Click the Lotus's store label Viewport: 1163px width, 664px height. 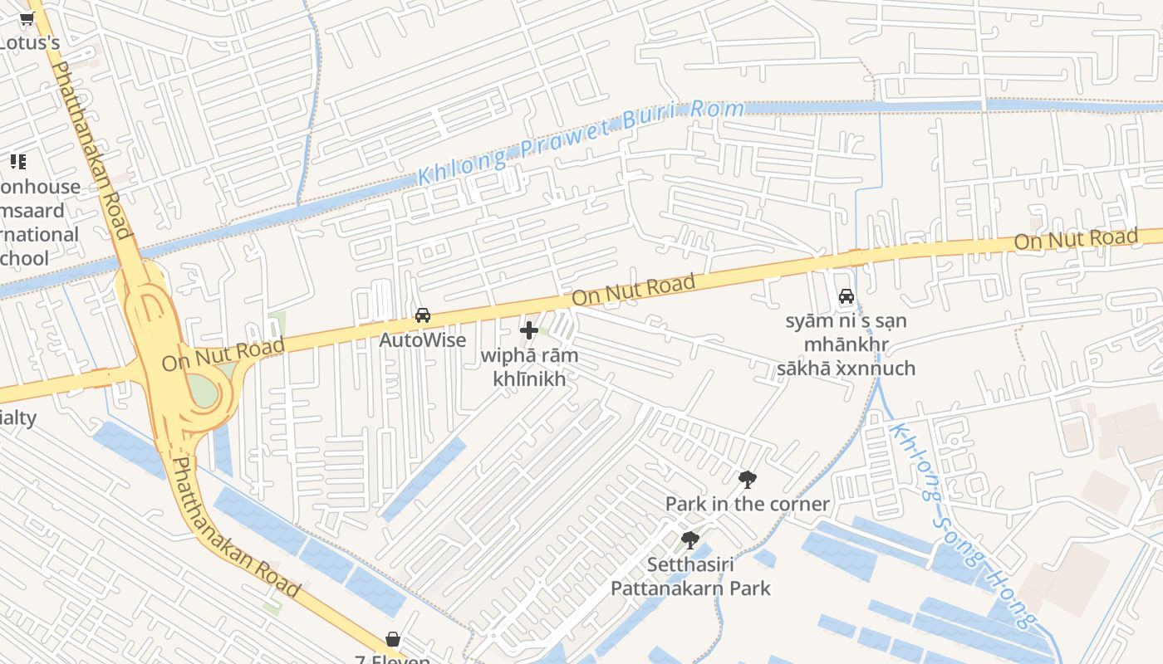coord(30,42)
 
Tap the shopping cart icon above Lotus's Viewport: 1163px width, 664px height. coord(27,19)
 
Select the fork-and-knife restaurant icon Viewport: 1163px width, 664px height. coord(17,162)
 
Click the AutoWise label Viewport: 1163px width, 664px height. coord(422,340)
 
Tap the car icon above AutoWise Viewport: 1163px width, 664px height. coord(423,315)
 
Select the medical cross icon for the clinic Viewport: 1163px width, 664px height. coord(529,330)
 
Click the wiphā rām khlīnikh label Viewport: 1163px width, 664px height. coord(529,367)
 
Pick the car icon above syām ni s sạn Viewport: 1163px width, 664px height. coord(846,296)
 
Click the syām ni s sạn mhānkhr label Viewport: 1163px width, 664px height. coord(846,344)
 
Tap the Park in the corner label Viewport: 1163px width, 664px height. coord(747,504)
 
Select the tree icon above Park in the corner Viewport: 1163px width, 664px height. coord(747,479)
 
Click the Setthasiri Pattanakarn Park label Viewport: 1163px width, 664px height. coord(690,577)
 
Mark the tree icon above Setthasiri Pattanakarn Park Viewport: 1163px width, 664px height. coord(689,540)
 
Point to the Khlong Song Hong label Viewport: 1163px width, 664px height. coord(964,526)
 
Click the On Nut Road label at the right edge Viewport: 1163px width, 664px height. coord(1075,240)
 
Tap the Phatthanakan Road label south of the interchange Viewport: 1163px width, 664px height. coord(235,526)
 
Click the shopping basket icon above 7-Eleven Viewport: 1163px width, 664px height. coord(393,639)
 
